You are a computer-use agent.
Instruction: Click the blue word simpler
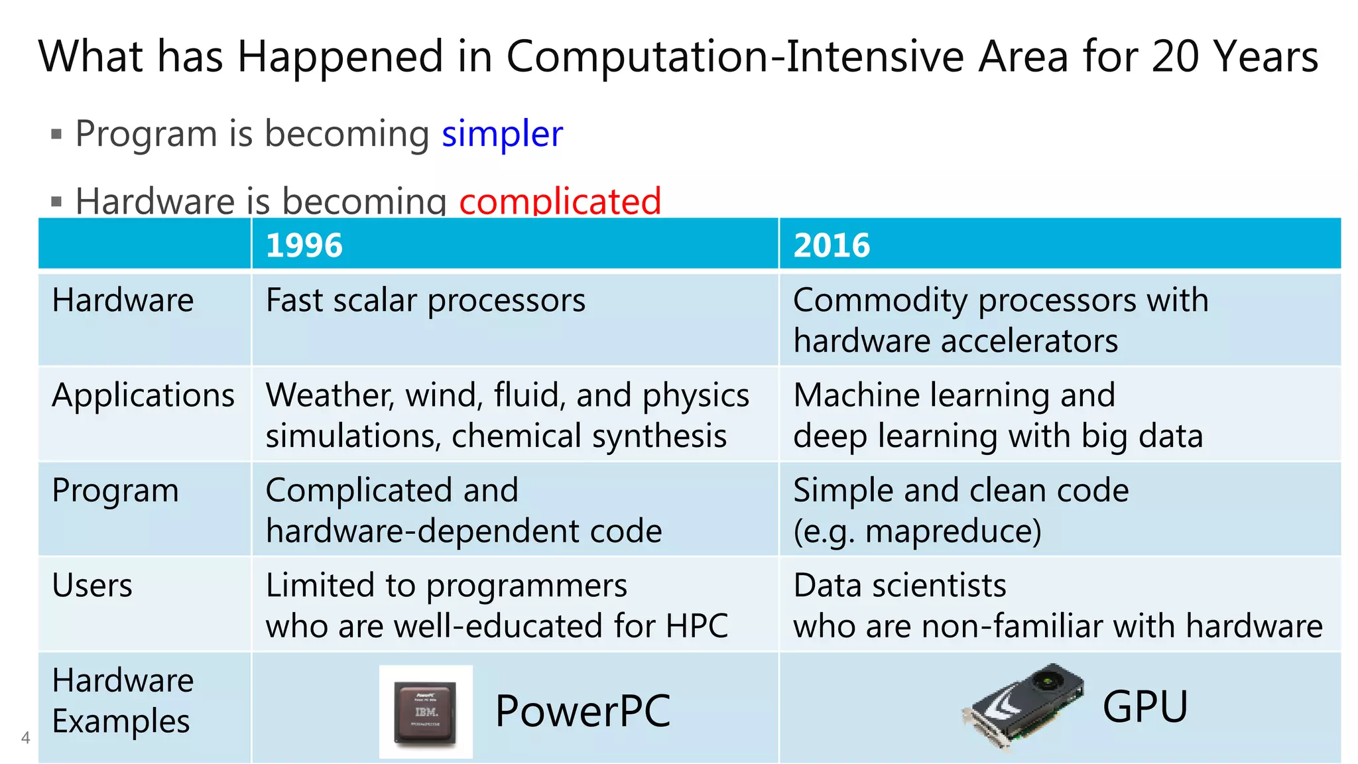pos(502,134)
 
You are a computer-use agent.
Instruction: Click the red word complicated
pos(560,201)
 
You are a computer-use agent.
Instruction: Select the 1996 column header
pos(304,245)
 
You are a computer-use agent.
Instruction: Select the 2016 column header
pos(832,245)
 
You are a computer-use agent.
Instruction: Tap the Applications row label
pos(143,395)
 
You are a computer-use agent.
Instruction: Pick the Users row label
pos(92,586)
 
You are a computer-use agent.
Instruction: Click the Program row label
pos(115,491)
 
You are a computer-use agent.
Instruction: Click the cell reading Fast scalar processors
pos(425,300)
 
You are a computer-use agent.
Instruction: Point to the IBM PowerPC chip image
pos(426,712)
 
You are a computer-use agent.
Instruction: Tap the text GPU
pos(1144,707)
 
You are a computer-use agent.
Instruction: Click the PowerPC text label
pos(582,711)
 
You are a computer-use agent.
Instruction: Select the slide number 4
pos(26,737)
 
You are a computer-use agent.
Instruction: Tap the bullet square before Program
pos(56,135)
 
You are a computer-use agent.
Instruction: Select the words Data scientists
pos(899,586)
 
